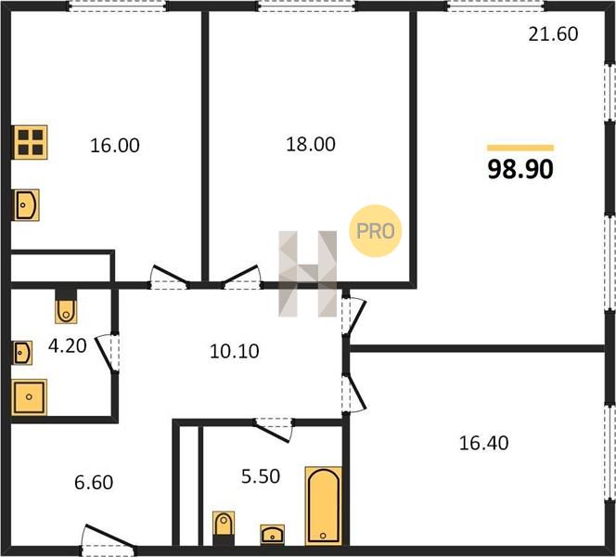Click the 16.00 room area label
tap(115, 146)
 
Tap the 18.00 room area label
tap(311, 144)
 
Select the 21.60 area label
tap(553, 34)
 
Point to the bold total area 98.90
tap(520, 169)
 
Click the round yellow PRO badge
tap(376, 231)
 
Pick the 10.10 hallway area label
tap(235, 351)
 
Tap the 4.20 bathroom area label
tap(68, 346)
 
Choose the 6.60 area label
tap(94, 483)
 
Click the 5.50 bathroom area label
tap(261, 476)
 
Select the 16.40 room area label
tap(483, 443)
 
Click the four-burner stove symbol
tap(31, 142)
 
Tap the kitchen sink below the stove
tap(26, 205)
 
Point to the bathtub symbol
tap(324, 506)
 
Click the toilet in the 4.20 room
tap(66, 306)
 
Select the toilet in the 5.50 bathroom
tap(224, 528)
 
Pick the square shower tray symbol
tap(29, 397)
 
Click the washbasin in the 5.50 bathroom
tap(272, 535)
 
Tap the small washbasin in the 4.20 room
tap(22, 353)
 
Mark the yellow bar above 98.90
tap(520, 148)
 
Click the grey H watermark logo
tap(308, 274)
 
